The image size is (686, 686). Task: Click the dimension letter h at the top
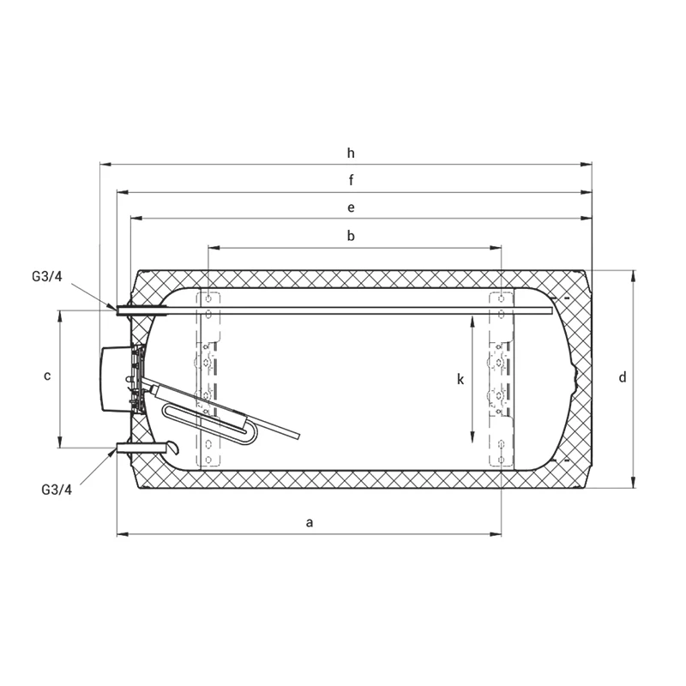click(351, 153)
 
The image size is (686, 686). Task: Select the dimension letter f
click(351, 180)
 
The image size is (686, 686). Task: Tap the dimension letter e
click(351, 208)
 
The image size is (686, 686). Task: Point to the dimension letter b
click(351, 236)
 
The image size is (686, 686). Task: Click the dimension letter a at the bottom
click(310, 522)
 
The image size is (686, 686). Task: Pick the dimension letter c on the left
click(47, 376)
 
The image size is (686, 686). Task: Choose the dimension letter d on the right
click(623, 377)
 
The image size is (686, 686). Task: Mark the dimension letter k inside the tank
click(460, 379)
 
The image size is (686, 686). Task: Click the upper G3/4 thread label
click(47, 276)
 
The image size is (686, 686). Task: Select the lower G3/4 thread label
click(57, 490)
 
